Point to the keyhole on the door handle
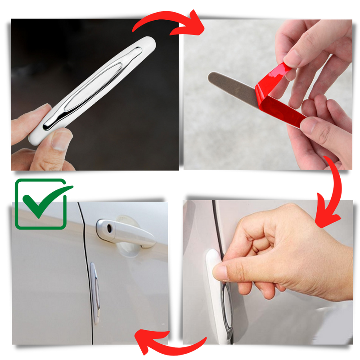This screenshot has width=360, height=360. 109,228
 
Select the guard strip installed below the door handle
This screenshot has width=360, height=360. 94,292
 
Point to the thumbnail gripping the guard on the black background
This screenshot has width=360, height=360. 58,139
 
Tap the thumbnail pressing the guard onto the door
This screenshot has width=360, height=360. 220,273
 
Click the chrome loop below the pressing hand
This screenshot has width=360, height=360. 228,310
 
